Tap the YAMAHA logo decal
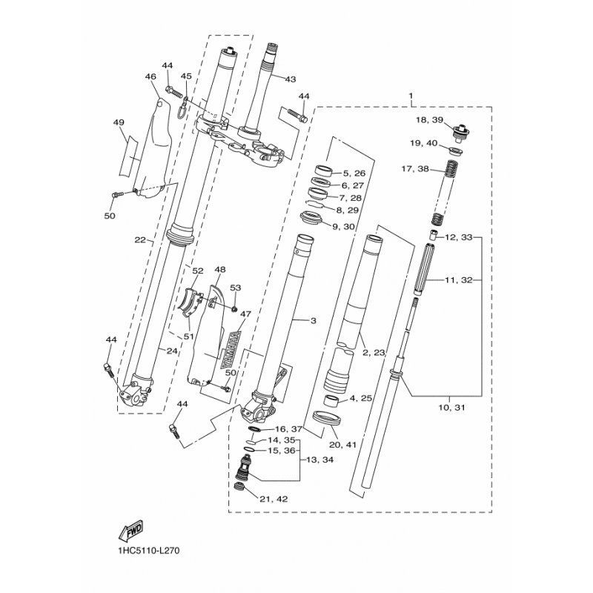231,351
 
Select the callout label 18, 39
429,120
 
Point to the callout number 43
290,79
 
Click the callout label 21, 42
274,499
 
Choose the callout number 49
119,122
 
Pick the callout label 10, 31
451,408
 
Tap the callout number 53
235,288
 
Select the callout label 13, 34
319,460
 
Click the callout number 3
313,321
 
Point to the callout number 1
411,96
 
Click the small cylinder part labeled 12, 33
434,235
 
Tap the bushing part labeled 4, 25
331,400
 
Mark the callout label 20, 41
342,445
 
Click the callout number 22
140,239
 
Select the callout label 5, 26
354,173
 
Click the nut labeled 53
234,309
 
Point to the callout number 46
150,77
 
